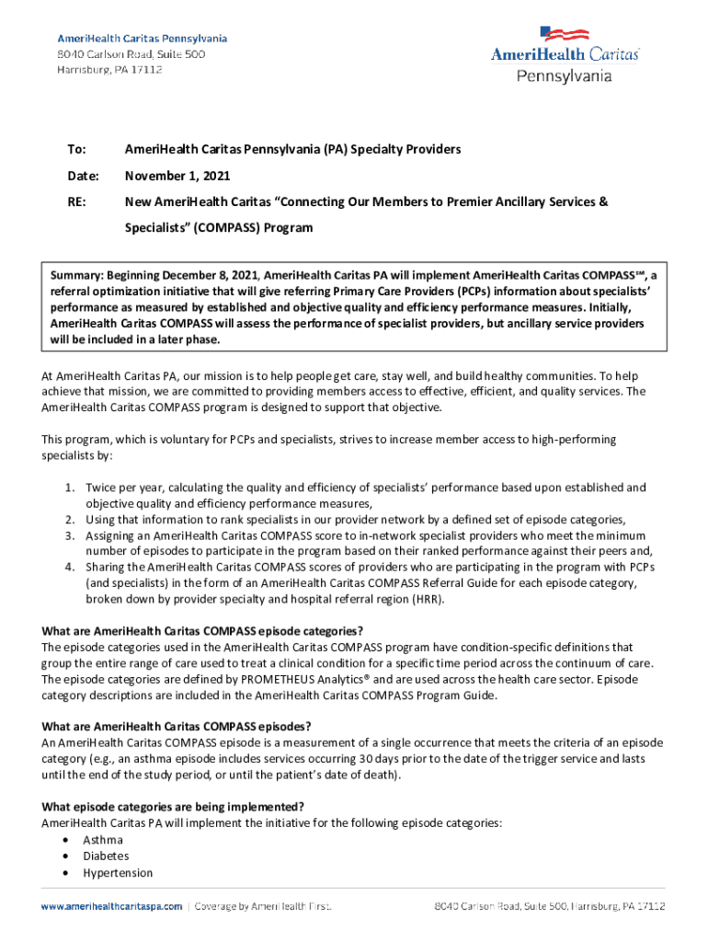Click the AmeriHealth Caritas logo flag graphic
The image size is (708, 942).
click(x=565, y=35)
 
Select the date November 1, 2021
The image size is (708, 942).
click(x=177, y=176)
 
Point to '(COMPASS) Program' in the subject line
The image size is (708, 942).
click(x=260, y=227)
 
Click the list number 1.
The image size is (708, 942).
click(x=70, y=488)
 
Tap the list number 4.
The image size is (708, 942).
click(x=70, y=566)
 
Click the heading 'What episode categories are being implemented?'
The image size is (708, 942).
click(x=173, y=807)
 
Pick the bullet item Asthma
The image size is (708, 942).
click(x=103, y=840)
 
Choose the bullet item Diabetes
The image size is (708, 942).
click(x=106, y=856)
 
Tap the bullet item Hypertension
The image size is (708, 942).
click(x=118, y=873)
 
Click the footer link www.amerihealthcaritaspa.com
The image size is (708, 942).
click(x=110, y=906)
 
